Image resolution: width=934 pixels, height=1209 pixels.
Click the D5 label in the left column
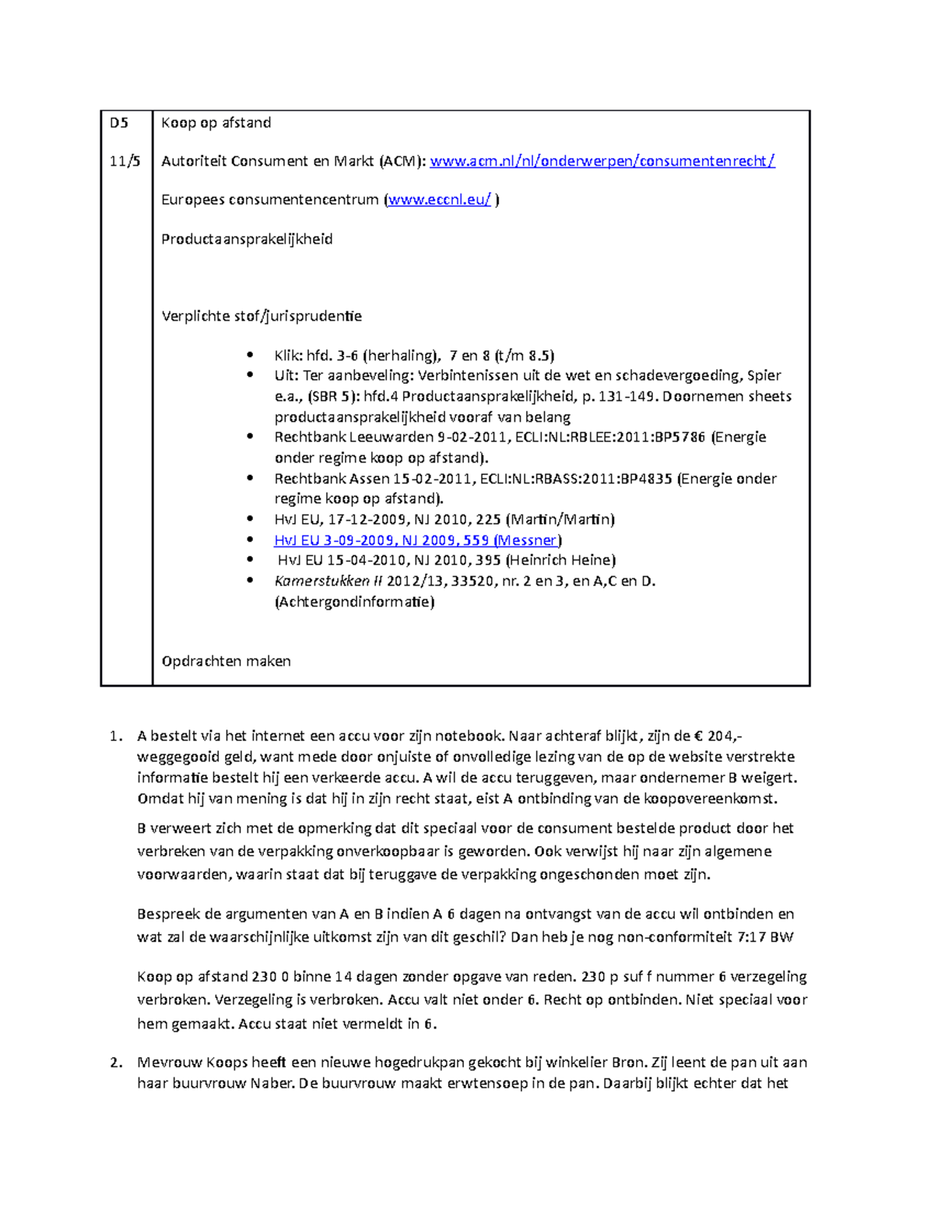tap(119, 123)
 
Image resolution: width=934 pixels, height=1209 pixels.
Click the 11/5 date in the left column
tap(125, 162)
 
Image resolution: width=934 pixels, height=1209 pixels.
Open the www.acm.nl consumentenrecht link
tap(602, 162)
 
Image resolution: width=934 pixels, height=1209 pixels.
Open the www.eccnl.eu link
tap(440, 200)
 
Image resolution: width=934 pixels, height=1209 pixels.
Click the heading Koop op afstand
tap(216, 123)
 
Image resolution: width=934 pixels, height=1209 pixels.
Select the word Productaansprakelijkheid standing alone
tap(247, 239)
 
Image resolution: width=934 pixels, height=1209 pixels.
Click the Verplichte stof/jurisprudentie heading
tap(261, 316)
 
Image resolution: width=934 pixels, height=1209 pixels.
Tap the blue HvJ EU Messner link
tap(417, 540)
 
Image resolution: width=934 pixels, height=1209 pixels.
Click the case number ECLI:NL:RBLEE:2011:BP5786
tap(593, 438)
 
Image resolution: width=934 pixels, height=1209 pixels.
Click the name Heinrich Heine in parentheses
tap(560, 561)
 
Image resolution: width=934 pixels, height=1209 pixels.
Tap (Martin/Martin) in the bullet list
tap(560, 519)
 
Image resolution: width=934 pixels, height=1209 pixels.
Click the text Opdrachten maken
tap(226, 662)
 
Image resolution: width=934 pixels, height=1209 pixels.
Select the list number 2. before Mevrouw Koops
tap(116, 1063)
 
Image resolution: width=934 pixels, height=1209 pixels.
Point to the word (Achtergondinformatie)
tap(354, 602)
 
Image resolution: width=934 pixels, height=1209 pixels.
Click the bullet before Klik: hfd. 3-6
tap(250, 356)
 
